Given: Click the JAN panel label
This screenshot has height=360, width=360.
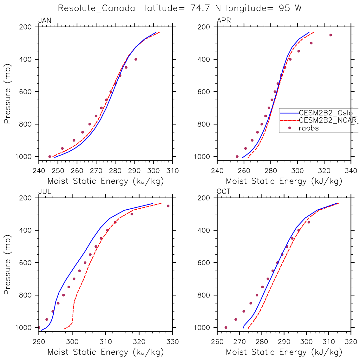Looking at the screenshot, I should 45,21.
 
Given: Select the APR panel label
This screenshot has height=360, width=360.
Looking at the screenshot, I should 224,21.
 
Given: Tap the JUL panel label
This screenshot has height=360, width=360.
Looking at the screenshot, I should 45,192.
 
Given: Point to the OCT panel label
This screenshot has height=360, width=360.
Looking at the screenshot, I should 224,192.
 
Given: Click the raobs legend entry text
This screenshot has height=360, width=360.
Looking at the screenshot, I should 309,128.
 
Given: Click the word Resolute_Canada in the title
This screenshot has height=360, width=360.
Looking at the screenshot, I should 96,8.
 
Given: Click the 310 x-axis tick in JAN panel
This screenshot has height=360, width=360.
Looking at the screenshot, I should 173,171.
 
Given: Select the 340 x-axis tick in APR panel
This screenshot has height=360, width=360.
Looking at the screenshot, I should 351,171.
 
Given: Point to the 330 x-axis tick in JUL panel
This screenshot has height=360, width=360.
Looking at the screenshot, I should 173,342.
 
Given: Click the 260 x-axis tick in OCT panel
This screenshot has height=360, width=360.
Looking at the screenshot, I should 217,342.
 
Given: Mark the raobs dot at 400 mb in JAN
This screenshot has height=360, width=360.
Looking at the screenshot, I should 136,59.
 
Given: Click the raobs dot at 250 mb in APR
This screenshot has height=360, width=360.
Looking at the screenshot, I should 331,35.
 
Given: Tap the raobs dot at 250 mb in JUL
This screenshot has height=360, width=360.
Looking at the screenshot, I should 168,206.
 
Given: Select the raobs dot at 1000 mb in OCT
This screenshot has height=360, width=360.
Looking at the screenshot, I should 226,327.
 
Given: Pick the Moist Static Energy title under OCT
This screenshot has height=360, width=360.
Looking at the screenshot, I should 284,352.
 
